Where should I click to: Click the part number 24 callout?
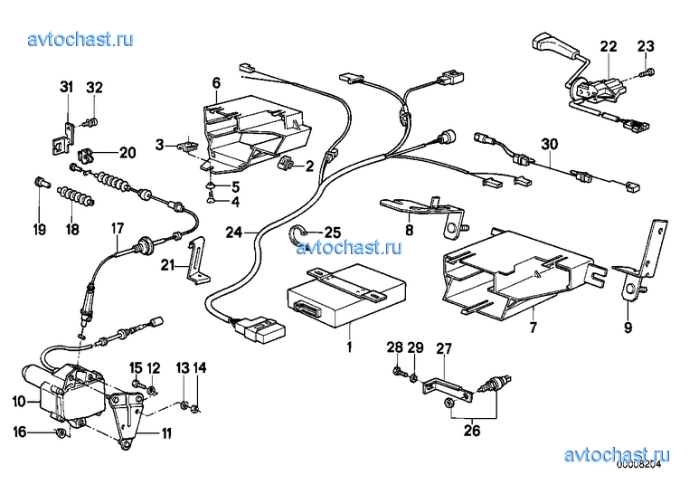pyautogui.click(x=233, y=232)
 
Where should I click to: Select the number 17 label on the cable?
pyautogui.click(x=118, y=229)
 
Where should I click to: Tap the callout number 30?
pyautogui.click(x=550, y=144)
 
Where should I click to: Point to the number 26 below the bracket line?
pyautogui.click(x=472, y=431)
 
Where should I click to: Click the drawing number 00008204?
pyautogui.click(x=638, y=464)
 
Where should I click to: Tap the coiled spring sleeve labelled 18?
pyautogui.click(x=76, y=196)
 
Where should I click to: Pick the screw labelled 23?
pyautogui.click(x=647, y=72)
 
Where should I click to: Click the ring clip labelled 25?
pyautogui.click(x=296, y=233)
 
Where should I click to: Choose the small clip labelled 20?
pyautogui.click(x=86, y=156)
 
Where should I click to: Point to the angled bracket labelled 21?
pyautogui.click(x=197, y=260)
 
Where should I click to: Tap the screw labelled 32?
pyautogui.click(x=91, y=122)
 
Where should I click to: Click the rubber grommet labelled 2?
pyautogui.click(x=286, y=164)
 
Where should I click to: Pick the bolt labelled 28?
pyautogui.click(x=397, y=371)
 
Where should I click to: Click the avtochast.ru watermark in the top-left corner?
pyautogui.click(x=80, y=40)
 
